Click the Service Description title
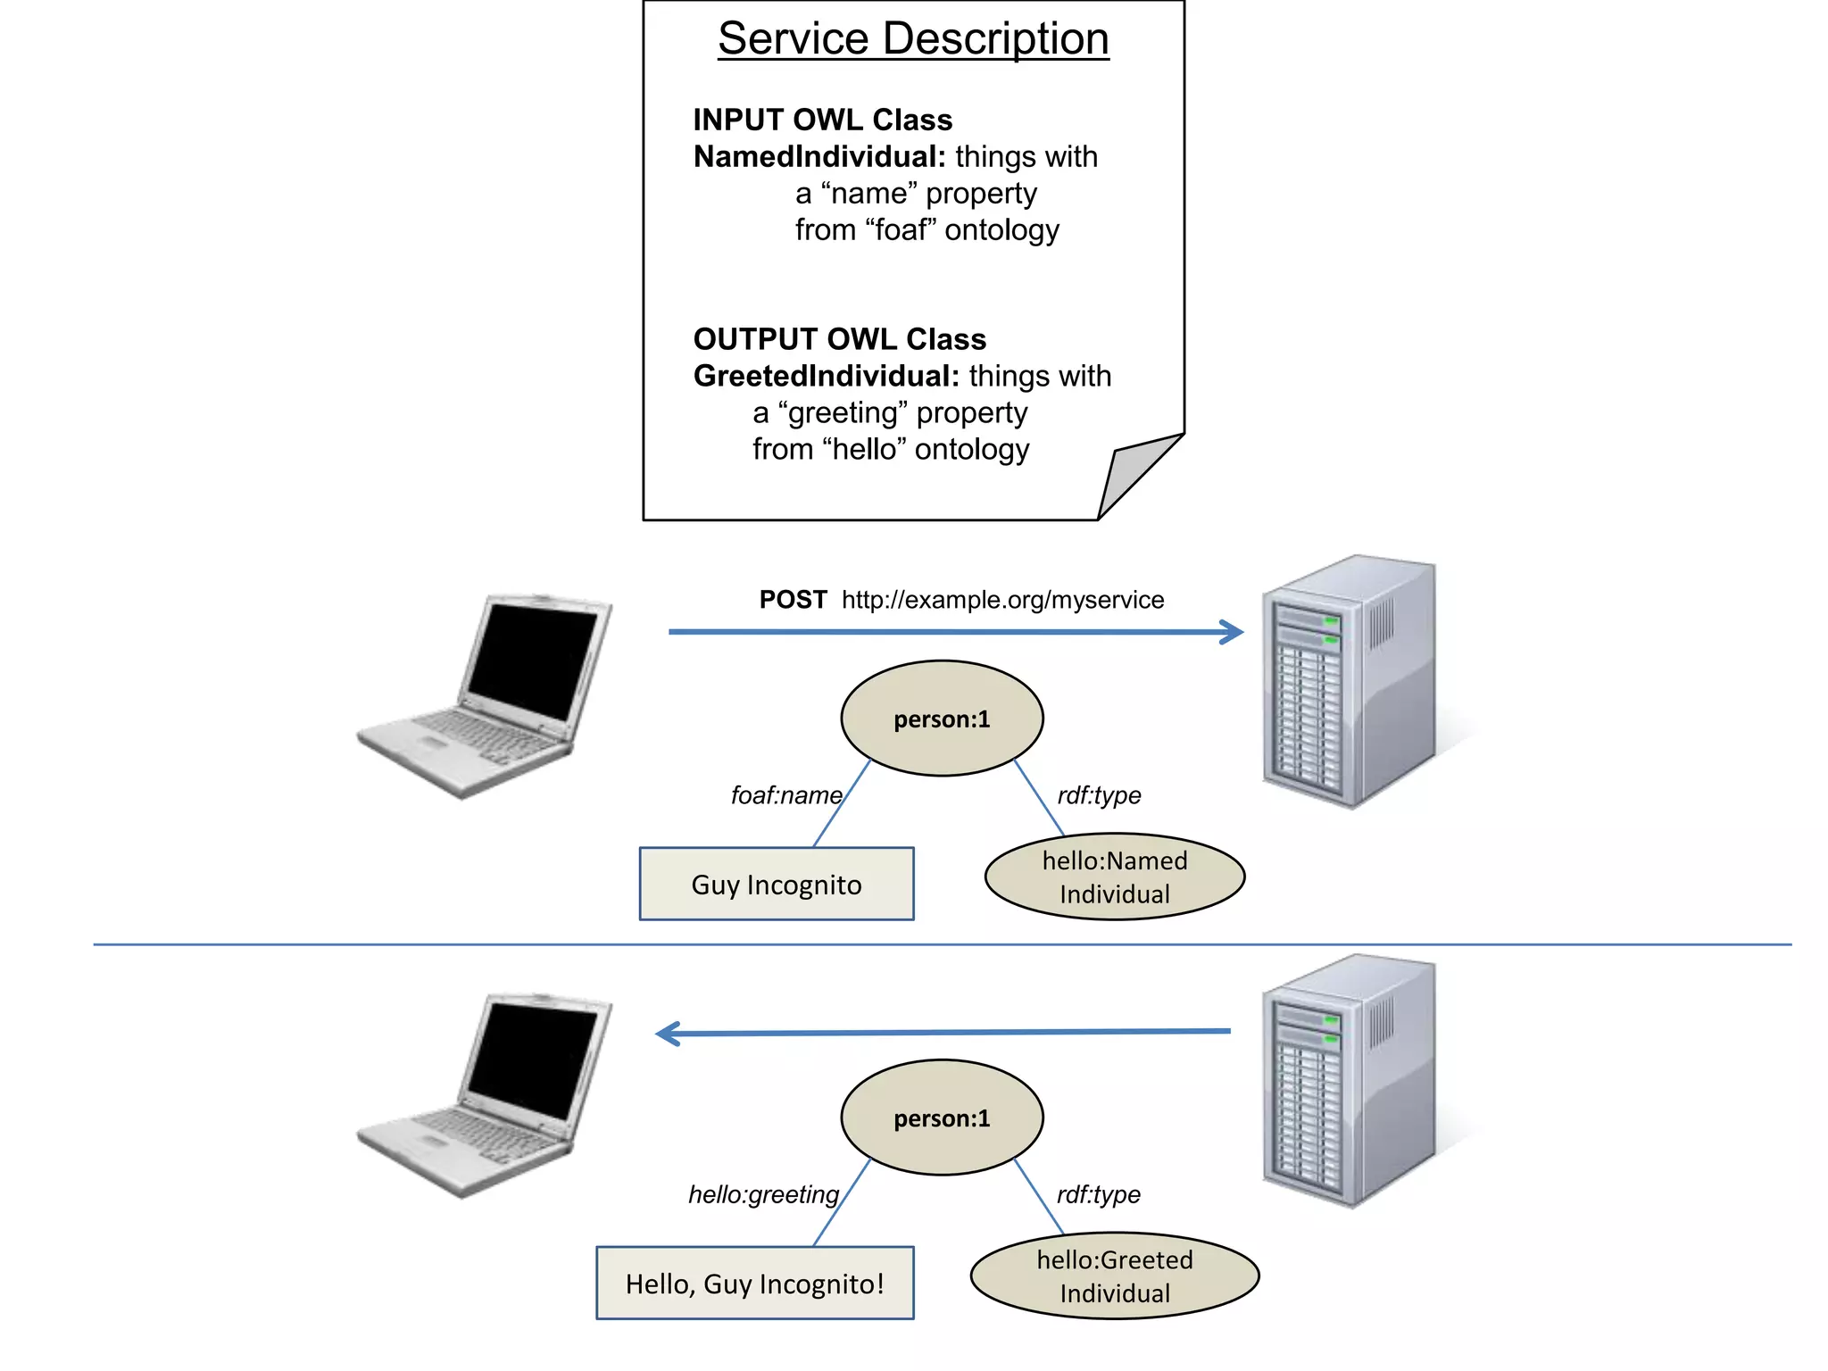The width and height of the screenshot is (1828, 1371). point(913,39)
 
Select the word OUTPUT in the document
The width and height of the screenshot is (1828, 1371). point(755,339)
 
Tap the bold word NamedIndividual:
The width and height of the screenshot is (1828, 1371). point(818,157)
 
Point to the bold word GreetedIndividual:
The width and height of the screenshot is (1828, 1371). point(826,376)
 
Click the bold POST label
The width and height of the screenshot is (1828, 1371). point(793,600)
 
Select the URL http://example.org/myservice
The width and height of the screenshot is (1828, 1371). point(1002,600)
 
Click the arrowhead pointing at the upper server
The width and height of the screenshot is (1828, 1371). point(1234,632)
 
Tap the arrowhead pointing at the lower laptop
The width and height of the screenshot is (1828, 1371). point(667,1034)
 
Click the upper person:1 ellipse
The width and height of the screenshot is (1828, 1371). point(942,719)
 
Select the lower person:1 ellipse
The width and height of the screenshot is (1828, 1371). point(942,1118)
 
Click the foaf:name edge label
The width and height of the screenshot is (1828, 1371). point(785,795)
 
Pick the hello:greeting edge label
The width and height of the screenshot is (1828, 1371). point(763,1194)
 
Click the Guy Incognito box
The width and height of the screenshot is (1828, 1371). point(777,884)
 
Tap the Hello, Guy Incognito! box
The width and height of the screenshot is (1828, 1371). point(755,1284)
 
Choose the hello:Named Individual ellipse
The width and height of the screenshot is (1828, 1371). point(1115,877)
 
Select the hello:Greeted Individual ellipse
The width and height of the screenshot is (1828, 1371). point(1115,1276)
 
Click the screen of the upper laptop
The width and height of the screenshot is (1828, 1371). point(533,661)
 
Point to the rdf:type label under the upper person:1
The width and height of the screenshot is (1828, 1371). point(1099,795)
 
